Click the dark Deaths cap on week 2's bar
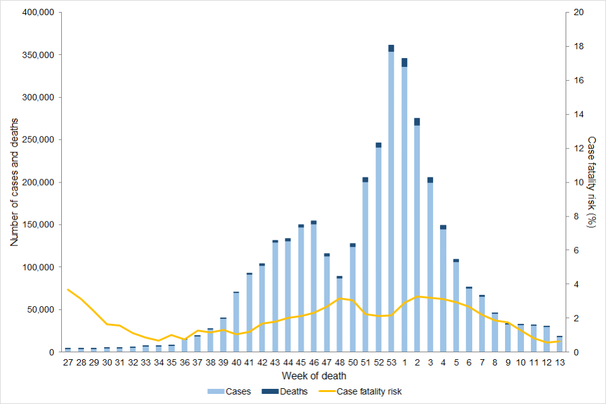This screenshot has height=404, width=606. [x=417, y=122]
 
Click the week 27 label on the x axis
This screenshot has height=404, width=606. [x=68, y=363]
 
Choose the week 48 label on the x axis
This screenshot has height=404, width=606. [x=339, y=363]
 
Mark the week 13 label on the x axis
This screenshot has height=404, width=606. [x=559, y=363]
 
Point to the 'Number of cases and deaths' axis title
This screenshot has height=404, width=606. [x=14, y=182]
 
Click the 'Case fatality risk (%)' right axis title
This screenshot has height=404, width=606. [x=591, y=182]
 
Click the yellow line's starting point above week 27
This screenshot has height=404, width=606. [x=68, y=289]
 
